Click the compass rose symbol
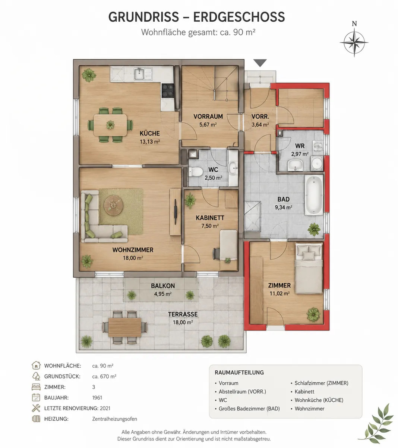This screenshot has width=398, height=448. (354, 42)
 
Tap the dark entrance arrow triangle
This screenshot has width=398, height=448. (260, 62)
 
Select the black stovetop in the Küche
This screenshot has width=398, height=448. (168, 90)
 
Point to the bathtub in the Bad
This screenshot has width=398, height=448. (314, 195)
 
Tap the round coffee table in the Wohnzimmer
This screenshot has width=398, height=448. (113, 205)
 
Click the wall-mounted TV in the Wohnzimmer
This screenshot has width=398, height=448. (176, 211)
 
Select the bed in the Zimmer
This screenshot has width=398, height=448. (309, 268)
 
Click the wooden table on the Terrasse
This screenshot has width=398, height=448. (125, 327)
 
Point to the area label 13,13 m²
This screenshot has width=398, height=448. (150, 141)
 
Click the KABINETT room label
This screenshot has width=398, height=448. (210, 218)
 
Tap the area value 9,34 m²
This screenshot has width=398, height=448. (284, 208)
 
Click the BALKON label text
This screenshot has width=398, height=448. (163, 286)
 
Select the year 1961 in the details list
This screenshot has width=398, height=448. (97, 398)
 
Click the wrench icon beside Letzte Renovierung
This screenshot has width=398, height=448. (36, 408)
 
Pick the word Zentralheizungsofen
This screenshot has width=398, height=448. (114, 419)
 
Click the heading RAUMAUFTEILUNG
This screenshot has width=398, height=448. (239, 372)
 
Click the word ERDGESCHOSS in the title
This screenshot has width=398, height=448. (239, 17)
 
